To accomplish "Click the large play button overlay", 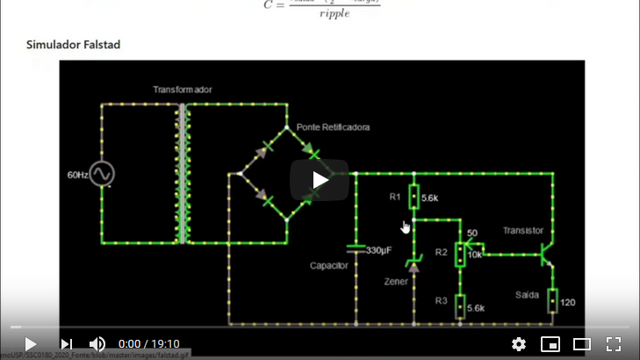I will pos(320,180).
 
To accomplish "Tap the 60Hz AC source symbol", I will pos(102,174).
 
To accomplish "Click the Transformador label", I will pos(182,90).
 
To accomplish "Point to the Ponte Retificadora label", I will pos(333,127).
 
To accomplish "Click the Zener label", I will pos(397,283).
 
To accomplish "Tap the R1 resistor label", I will pos(395,198).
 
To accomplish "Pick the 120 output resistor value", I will pos(567,303).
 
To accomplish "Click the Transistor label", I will pos(523,230).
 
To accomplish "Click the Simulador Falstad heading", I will pos(73,44).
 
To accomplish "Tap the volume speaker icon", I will pos(97,344).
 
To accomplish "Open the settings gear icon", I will pos(519,344).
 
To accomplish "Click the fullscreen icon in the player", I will pos(614,344).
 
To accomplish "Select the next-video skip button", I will pos(66,344).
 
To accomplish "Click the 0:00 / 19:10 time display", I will pos(149,344).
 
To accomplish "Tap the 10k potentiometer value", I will pos(474,255).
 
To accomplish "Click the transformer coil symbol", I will pos(183,174).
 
